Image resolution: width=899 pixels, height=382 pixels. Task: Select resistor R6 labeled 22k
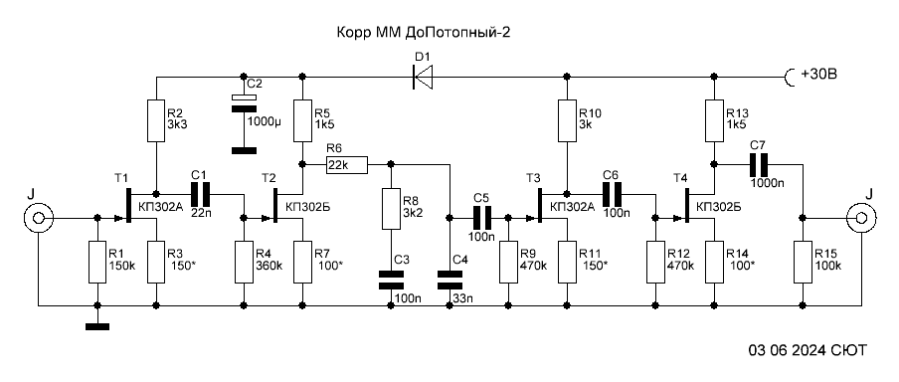click(346, 165)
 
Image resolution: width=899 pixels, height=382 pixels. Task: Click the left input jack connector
click(39, 218)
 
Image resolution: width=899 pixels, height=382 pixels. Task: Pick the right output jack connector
click(861, 218)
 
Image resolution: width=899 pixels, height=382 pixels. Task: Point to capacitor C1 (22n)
click(200, 194)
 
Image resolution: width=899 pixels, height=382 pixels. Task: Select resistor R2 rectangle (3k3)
click(156, 121)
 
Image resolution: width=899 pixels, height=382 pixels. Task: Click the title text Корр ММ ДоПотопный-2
click(423, 33)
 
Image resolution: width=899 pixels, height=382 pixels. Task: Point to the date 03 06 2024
click(789, 350)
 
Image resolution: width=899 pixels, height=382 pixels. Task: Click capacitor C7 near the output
click(759, 165)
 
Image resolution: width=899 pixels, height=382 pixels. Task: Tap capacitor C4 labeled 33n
click(449, 280)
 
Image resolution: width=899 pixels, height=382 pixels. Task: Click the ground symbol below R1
click(97, 327)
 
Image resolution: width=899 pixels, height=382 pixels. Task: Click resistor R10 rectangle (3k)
click(567, 121)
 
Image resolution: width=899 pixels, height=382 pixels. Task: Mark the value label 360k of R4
click(270, 267)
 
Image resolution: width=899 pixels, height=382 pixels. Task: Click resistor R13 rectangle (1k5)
click(714, 121)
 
